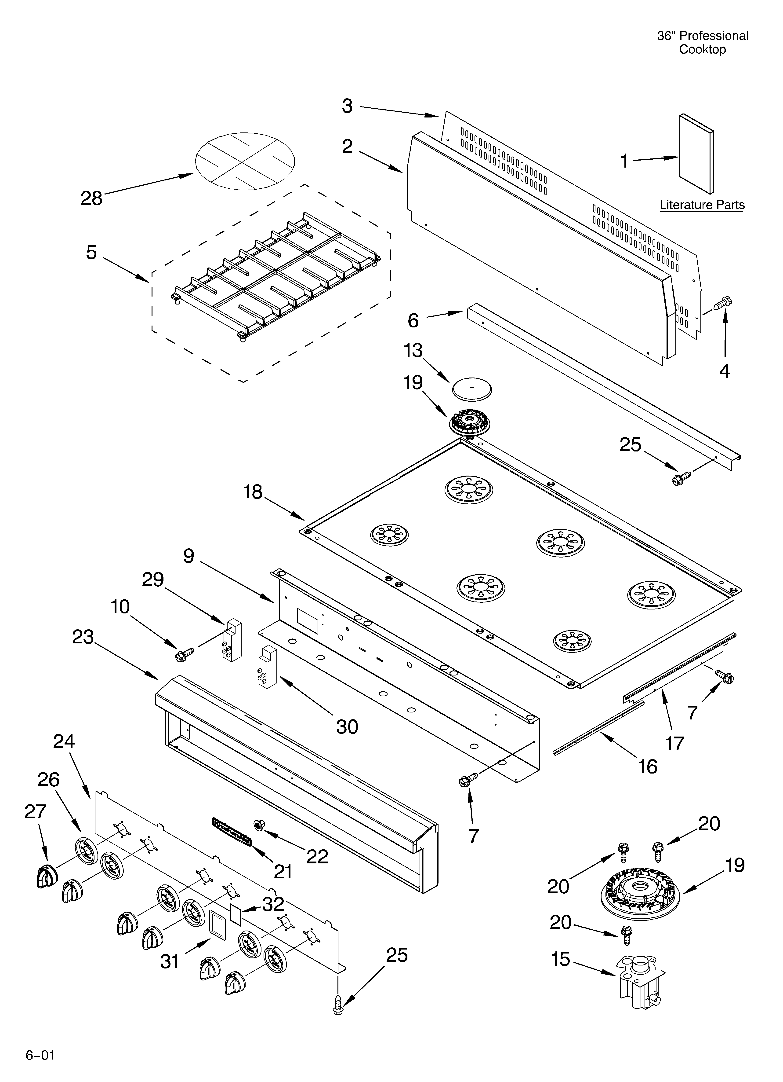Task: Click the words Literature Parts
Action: click(x=701, y=205)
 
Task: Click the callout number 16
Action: click(x=647, y=767)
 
